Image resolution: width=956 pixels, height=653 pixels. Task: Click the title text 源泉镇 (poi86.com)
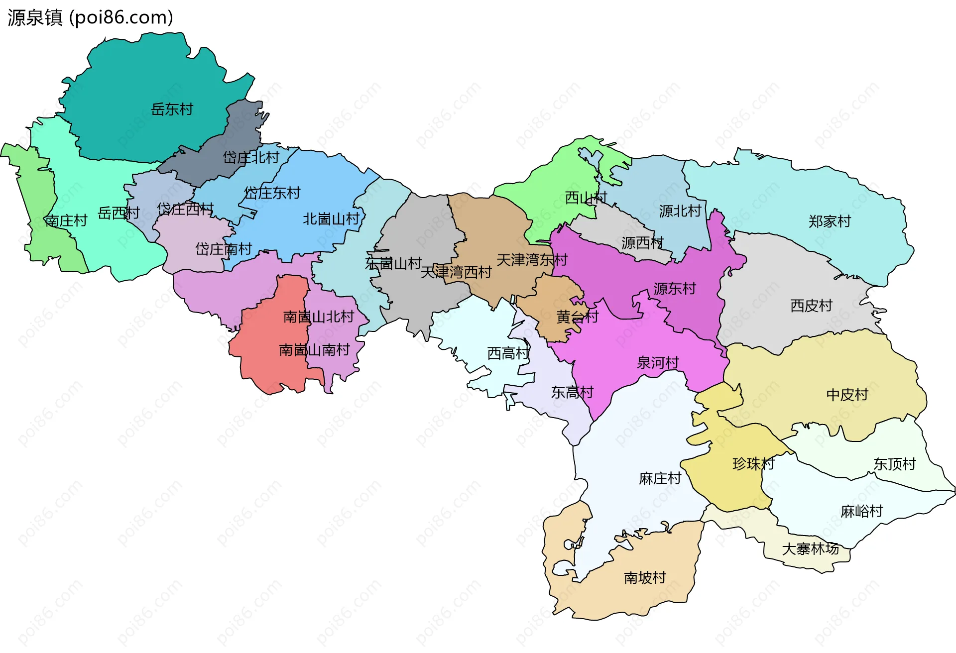[x=90, y=17]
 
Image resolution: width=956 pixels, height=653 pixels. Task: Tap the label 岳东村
[x=172, y=109]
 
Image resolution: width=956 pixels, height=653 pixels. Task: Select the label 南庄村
[x=66, y=220]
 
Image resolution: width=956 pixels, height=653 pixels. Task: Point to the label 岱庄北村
[x=251, y=158]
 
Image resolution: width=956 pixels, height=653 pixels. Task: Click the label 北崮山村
[x=331, y=218]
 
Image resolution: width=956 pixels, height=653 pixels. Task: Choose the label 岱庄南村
[x=223, y=249]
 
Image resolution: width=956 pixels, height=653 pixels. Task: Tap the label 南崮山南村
[x=314, y=350]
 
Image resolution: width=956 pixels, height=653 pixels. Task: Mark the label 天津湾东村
[x=531, y=260]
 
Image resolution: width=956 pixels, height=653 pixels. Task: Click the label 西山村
[x=586, y=198]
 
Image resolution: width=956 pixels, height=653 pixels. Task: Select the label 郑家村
[x=830, y=221]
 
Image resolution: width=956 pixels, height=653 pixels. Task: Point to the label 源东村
[x=675, y=288]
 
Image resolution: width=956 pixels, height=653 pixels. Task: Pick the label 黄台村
[x=577, y=317]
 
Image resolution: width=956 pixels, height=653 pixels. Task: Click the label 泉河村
[x=658, y=362]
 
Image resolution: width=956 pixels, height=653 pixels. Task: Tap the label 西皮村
[x=811, y=305]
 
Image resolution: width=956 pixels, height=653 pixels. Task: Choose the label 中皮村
[x=847, y=395]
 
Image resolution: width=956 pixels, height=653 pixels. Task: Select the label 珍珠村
[x=753, y=464]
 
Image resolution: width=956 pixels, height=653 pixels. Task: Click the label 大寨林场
[x=810, y=548]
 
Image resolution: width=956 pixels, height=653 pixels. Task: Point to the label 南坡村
[x=645, y=577]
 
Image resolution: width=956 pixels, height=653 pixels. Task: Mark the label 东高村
[x=572, y=392]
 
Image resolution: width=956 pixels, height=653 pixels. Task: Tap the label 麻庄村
[x=660, y=478]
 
